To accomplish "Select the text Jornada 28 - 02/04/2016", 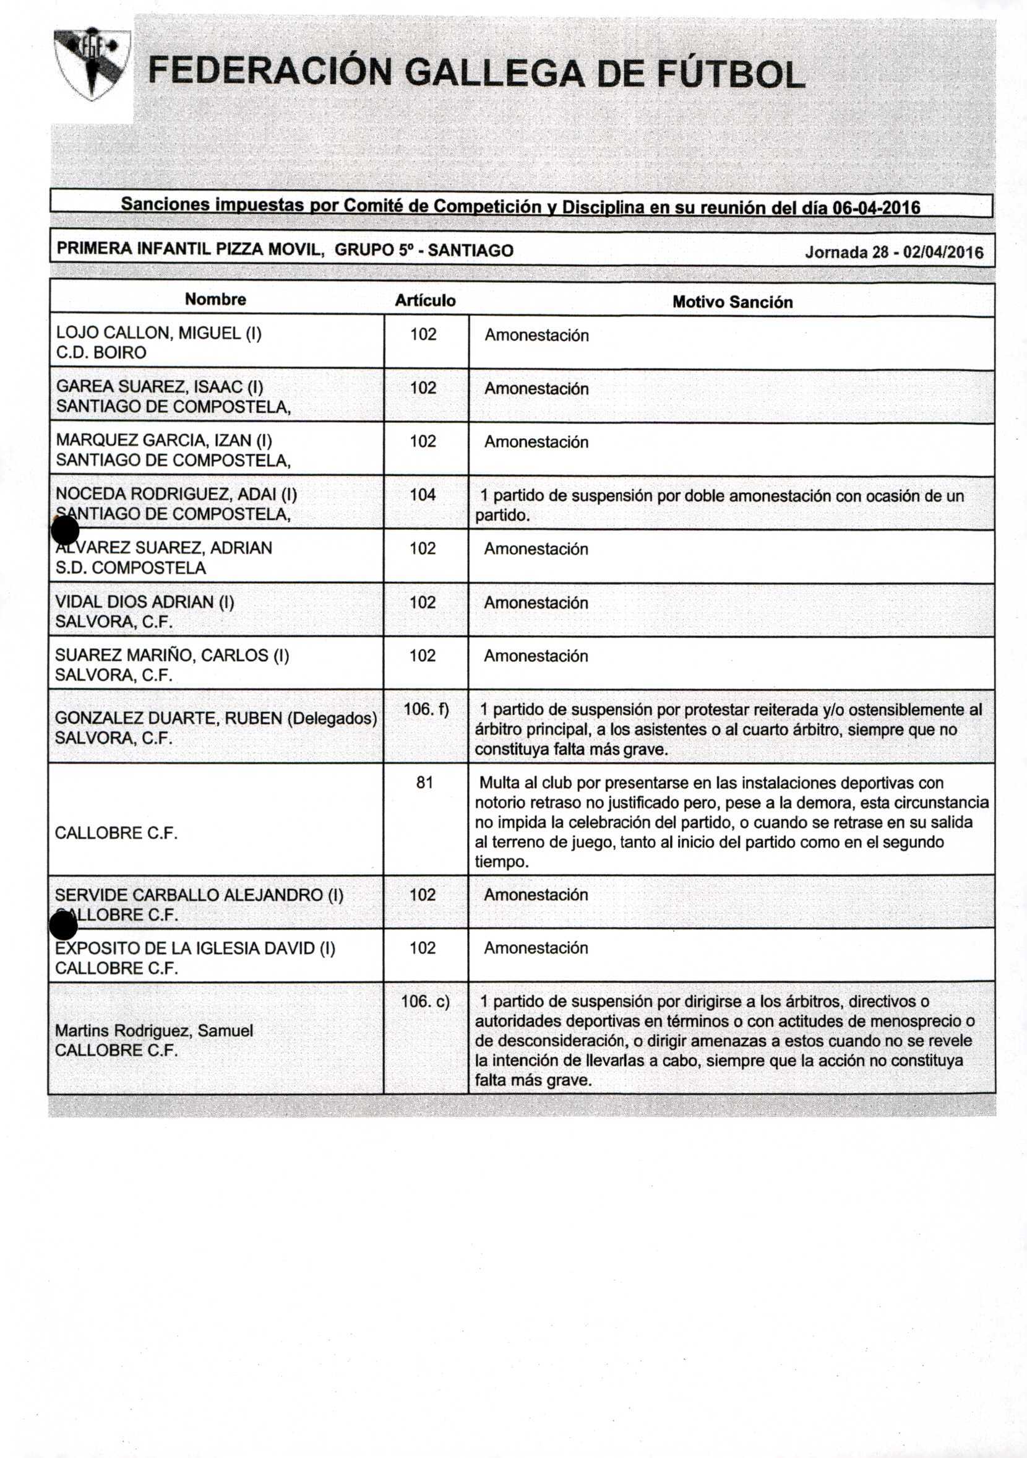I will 894,252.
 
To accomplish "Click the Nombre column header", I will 215,300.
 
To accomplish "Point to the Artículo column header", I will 424,300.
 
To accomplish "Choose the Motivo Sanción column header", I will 732,302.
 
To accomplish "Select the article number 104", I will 423,495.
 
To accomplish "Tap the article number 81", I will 424,783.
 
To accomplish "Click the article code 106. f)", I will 426,709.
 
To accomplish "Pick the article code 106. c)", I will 424,1002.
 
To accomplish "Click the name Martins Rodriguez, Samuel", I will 153,1030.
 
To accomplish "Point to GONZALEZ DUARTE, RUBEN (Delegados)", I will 216,718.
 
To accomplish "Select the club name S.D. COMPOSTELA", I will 130,568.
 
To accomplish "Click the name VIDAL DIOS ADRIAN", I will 145,601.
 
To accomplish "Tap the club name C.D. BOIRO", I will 101,352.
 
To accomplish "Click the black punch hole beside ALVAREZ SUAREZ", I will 64,530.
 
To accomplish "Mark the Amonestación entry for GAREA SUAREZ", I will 536,389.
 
